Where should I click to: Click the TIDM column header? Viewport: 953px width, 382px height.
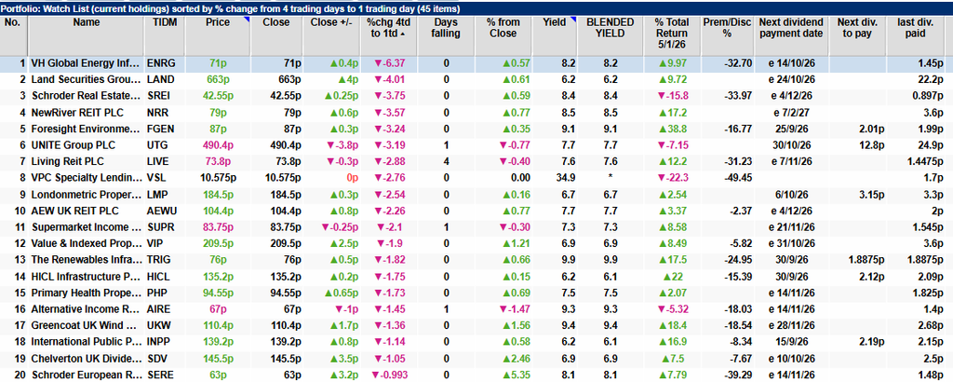click(164, 22)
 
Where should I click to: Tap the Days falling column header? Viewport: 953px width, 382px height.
click(446, 28)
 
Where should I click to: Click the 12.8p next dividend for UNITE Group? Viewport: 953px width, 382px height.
click(863, 144)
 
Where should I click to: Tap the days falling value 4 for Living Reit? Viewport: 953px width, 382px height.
click(447, 161)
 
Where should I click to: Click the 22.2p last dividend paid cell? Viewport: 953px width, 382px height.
click(931, 79)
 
